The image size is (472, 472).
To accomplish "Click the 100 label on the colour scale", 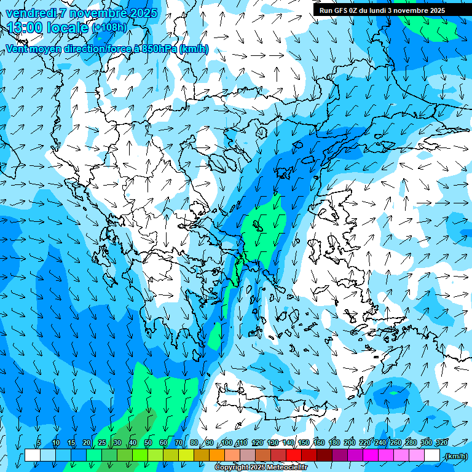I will coord(227,442).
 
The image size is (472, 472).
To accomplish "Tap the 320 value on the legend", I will coord(440,442).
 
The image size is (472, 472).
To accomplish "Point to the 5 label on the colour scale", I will coord(39,442).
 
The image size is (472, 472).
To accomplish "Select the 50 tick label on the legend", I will coord(148,442).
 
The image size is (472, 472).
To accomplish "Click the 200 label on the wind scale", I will coord(350,442).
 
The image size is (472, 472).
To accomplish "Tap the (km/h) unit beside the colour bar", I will coord(455,456).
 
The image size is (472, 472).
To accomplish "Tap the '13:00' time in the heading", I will coord(28,28).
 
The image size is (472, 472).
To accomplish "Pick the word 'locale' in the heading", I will coord(69,28).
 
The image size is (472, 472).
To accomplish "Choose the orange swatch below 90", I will coord(217,455).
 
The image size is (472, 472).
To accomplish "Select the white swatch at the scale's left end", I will coord(33,455).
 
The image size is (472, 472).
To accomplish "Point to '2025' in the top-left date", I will coord(141,13).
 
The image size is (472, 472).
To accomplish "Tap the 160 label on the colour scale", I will coord(319,442).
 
